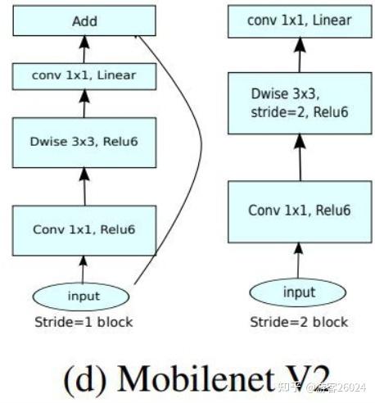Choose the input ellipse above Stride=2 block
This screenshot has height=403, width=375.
[298, 292]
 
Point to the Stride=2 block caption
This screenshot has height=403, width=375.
[298, 322]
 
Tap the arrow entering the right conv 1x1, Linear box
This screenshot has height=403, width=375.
[299, 56]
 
